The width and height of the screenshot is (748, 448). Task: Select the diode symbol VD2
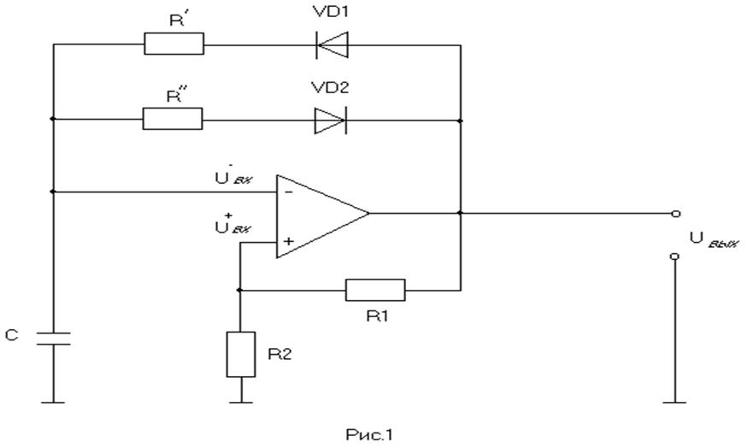(330, 121)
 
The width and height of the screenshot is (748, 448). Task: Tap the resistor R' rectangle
(174, 44)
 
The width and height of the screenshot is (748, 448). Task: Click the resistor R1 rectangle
(374, 290)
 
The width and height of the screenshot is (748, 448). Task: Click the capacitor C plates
(53, 339)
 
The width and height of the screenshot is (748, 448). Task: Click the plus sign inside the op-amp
(288, 243)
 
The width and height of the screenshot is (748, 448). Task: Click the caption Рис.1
(374, 434)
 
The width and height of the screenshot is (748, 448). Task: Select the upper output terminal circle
(674, 214)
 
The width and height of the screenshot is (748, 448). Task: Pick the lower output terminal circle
(674, 256)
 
